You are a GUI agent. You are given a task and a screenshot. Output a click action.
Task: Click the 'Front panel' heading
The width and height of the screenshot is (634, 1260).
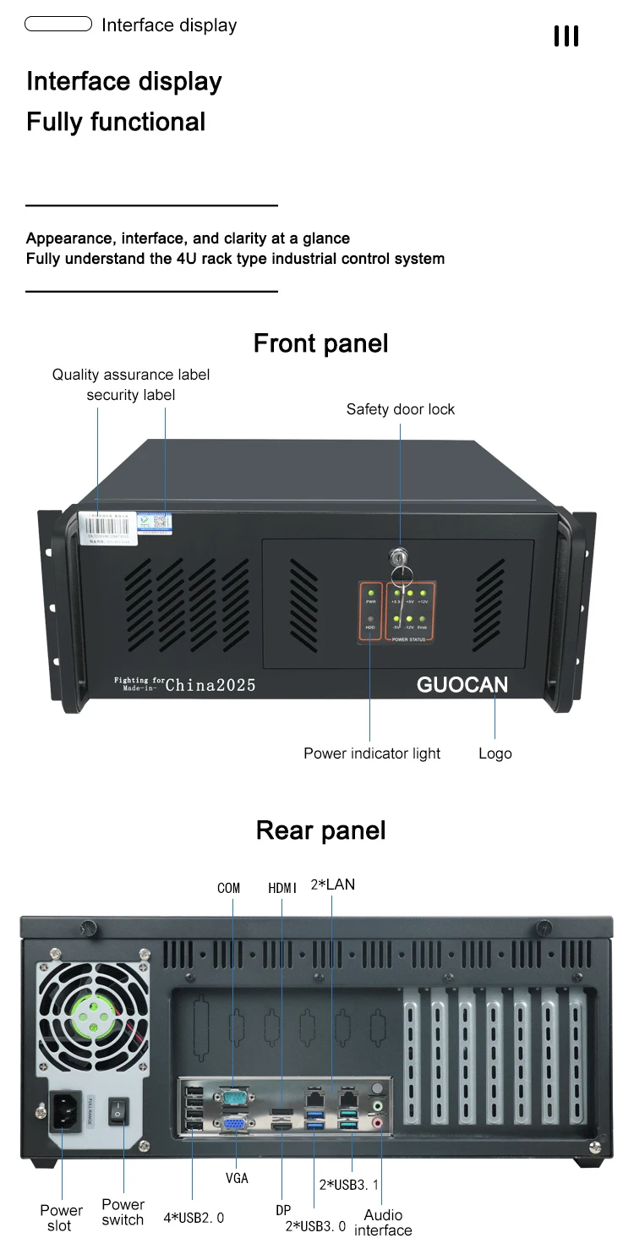[320, 343]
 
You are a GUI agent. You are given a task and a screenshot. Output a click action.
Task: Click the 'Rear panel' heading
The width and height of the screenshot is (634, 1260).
[320, 830]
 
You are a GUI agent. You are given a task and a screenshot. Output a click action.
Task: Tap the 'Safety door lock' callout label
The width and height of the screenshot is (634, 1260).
[400, 409]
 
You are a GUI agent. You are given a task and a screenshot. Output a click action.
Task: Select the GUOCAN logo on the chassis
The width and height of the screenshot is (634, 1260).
[462, 685]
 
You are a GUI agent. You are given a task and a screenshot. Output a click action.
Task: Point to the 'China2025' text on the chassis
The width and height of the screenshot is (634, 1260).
[210, 685]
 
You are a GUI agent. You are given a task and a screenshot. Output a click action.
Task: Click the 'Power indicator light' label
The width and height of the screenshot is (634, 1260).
[372, 753]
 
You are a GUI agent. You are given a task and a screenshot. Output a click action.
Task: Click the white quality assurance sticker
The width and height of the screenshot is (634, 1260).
[115, 524]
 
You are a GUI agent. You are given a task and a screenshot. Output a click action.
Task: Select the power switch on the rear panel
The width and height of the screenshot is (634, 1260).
[120, 1110]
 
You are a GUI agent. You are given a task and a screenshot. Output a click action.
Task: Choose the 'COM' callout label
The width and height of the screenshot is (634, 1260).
[228, 888]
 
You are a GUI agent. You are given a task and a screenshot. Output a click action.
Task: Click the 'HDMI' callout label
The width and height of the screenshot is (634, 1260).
[283, 888]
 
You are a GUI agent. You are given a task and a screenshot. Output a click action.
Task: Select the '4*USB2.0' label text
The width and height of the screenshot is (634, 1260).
[194, 1219]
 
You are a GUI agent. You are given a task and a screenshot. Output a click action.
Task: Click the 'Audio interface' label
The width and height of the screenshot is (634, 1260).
[383, 1223]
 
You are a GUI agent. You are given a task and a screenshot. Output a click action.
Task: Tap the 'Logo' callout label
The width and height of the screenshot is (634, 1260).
[495, 753]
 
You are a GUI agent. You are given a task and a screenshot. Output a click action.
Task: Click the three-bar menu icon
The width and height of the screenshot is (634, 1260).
[566, 36]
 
